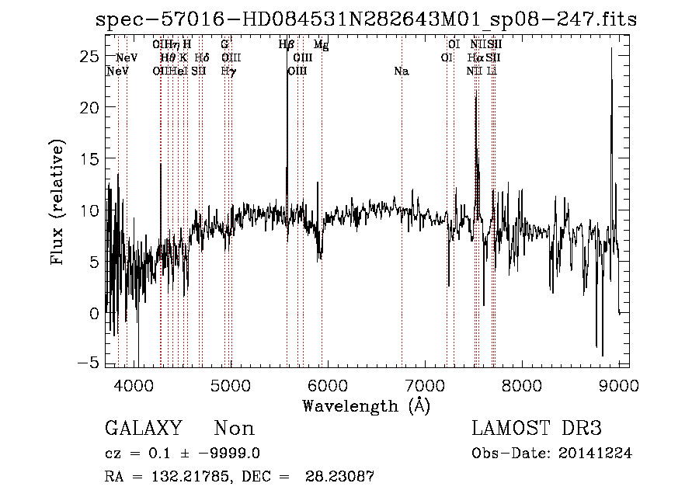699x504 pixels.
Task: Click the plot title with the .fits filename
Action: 366,19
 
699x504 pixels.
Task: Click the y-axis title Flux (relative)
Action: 57,202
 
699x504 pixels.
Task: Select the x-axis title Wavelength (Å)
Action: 366,405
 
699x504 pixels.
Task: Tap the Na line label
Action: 402,71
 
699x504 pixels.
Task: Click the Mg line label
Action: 321,46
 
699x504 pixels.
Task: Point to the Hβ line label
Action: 286,45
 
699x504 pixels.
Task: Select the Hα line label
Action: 475,58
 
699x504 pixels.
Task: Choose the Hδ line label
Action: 201,58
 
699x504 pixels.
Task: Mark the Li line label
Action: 492,71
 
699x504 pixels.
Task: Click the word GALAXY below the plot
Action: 143,429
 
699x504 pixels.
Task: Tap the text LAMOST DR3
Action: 537,429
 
